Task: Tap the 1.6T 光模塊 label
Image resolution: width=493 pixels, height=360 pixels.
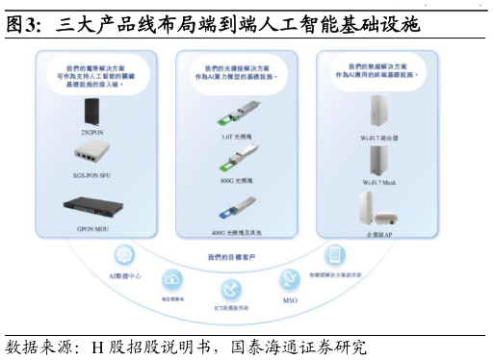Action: (235, 137)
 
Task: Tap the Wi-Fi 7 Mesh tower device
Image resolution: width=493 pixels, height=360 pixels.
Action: (376, 160)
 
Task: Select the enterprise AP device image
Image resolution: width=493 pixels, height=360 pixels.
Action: (371, 208)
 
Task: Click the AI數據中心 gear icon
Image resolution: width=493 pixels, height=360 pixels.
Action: (124, 255)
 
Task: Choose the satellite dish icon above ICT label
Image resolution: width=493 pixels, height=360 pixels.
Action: (231, 289)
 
